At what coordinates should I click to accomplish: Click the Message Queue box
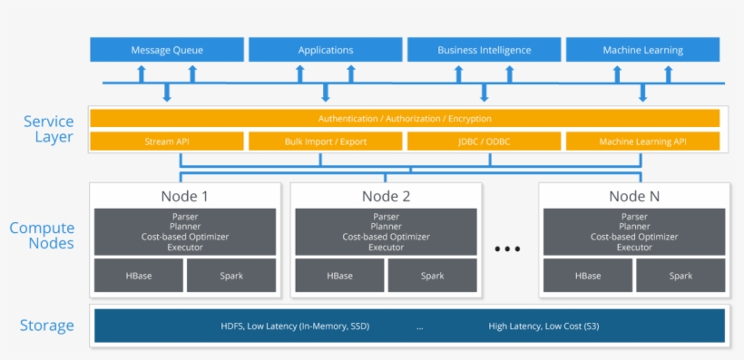coord(167,50)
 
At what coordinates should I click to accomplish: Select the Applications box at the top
coord(325,50)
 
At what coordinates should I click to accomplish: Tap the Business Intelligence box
coord(484,50)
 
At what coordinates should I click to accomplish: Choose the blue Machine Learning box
coord(642,50)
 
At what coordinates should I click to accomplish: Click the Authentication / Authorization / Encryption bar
coord(405,119)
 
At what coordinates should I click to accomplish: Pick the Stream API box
coord(167,141)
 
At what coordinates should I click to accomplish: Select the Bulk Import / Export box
coord(325,141)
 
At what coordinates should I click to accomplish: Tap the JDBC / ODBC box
coord(484,141)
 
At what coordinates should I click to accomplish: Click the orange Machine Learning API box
coord(642,141)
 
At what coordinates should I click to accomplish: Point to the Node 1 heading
coord(184,196)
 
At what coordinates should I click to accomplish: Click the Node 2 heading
coord(387,196)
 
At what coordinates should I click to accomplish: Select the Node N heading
coord(634,196)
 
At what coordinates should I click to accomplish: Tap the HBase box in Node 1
coord(139,276)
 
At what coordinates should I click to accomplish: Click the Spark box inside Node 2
coord(433,276)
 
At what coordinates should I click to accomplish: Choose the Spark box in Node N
coord(680,276)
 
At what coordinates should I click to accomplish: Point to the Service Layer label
coord(48,130)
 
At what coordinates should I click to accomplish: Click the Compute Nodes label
coord(42,236)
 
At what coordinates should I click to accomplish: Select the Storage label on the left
coord(47,326)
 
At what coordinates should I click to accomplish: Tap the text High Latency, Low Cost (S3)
coord(543,326)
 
